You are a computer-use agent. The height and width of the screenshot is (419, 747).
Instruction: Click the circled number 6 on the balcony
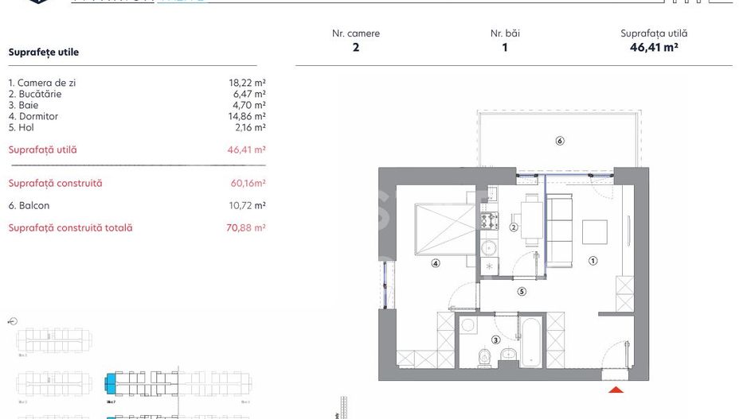(x=560, y=141)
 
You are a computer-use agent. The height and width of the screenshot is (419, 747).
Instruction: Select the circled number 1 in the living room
(x=593, y=259)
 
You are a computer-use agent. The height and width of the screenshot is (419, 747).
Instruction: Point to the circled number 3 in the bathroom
(x=495, y=340)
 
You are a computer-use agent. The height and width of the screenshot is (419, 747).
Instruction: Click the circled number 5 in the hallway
(x=522, y=291)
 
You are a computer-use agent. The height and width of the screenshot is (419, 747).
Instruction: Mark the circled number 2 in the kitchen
(x=514, y=227)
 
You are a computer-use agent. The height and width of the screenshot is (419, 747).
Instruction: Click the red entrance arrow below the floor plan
(x=615, y=389)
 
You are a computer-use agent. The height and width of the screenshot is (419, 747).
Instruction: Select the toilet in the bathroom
(x=484, y=357)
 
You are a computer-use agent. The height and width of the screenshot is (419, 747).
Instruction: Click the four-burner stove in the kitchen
(x=487, y=220)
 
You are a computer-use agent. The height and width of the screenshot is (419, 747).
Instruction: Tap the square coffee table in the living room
(x=594, y=231)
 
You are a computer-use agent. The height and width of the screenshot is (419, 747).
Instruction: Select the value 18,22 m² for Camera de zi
(x=247, y=83)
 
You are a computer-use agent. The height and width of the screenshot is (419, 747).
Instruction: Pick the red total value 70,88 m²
(x=246, y=228)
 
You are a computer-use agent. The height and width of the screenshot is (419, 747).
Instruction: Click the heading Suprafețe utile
(x=43, y=52)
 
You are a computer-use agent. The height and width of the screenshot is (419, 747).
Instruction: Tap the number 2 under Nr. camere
(x=356, y=48)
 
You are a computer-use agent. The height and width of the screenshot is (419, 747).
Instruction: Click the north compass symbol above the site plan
(x=13, y=322)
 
